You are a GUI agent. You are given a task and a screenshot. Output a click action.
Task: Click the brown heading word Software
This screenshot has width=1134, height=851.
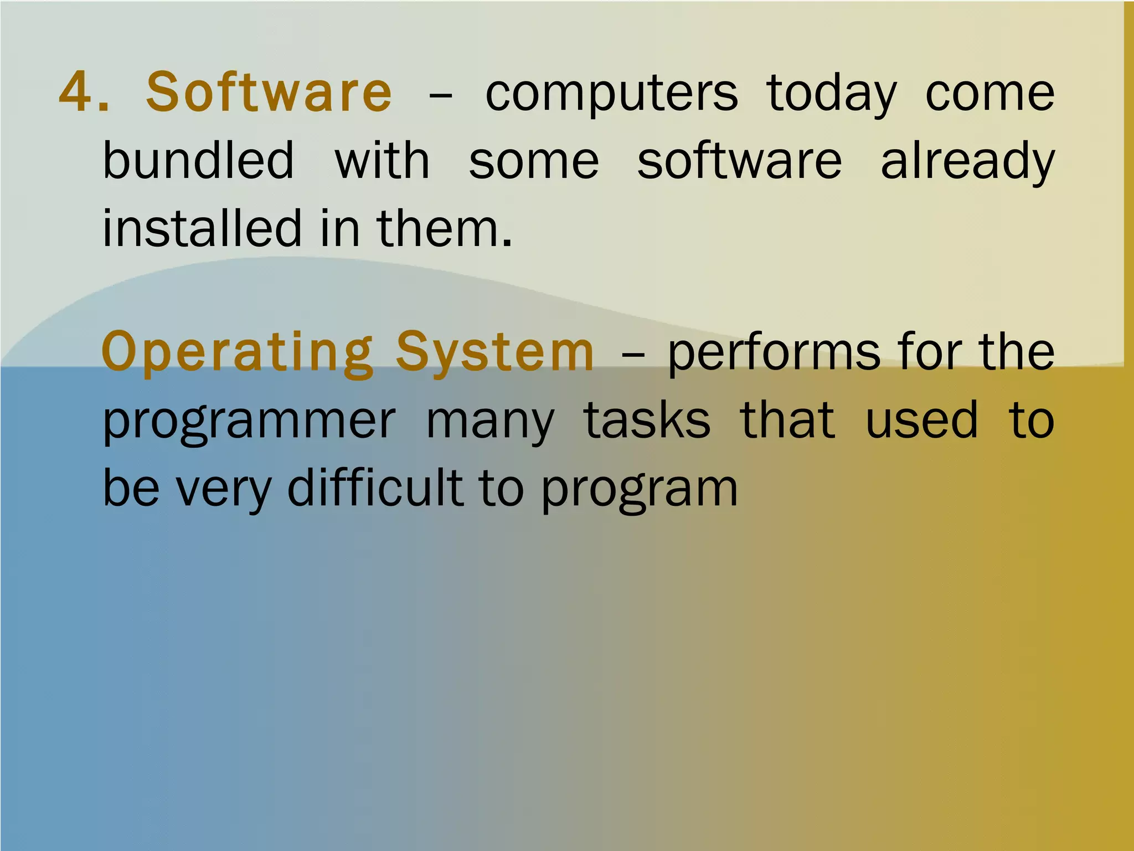[269, 92]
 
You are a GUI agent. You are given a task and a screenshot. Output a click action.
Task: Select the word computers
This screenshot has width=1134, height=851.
[611, 94]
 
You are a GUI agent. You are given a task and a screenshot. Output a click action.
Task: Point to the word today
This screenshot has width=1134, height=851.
[831, 94]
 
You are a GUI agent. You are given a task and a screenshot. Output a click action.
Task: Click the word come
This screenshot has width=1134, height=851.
[990, 94]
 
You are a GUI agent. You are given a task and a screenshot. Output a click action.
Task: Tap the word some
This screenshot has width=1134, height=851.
[534, 162]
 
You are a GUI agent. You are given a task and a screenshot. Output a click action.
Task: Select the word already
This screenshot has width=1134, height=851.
[967, 162]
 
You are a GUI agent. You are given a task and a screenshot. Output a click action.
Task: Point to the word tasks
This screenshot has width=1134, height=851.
[647, 421]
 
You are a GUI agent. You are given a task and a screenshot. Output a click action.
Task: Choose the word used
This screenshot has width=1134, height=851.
[921, 421]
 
